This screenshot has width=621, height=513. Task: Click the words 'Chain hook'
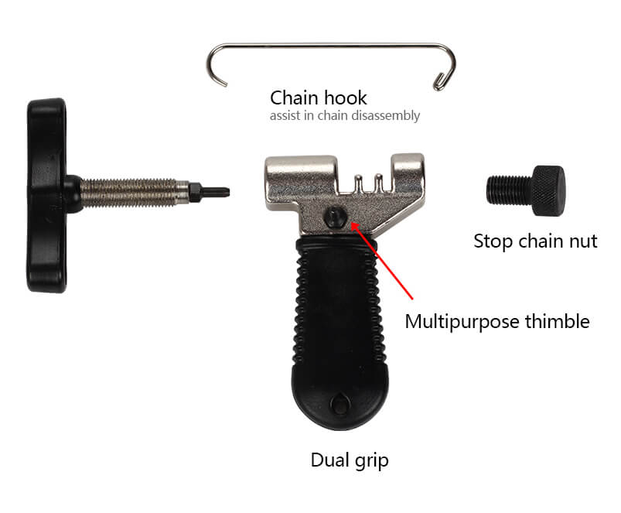tap(318, 98)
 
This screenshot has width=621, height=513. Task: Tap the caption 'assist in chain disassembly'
tap(345, 116)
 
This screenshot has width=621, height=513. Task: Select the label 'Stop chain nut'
tap(535, 241)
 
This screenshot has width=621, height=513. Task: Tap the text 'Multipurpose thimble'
tap(496, 321)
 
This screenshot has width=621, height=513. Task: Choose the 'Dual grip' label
tap(350, 460)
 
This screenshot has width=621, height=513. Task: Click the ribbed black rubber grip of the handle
tap(339, 302)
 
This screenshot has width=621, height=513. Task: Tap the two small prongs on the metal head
tap(365, 186)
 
